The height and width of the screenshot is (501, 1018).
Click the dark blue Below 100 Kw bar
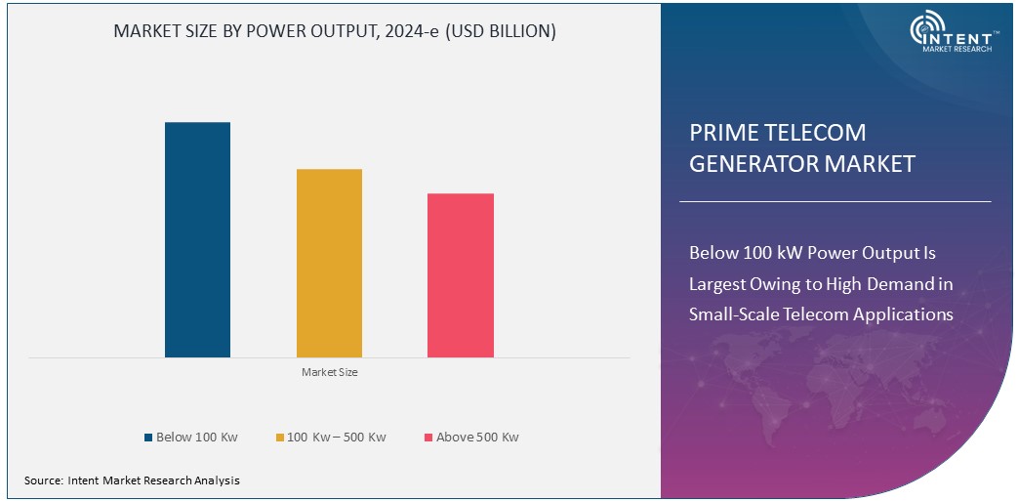point(197,239)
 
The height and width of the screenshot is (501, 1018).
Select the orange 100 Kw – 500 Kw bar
point(329,263)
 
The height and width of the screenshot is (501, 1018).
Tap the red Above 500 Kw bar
point(461,275)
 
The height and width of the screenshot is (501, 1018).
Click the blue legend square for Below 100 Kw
point(148,438)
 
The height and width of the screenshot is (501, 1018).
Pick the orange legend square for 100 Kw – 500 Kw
point(279,438)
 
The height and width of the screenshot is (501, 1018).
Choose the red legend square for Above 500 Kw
point(428,438)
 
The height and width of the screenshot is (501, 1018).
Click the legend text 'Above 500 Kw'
point(477,438)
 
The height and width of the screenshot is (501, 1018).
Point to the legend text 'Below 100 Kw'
point(197,438)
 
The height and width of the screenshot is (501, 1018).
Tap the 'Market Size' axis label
point(329,372)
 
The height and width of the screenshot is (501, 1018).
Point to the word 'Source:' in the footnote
point(44,480)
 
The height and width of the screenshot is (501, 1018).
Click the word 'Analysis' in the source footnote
point(216,480)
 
